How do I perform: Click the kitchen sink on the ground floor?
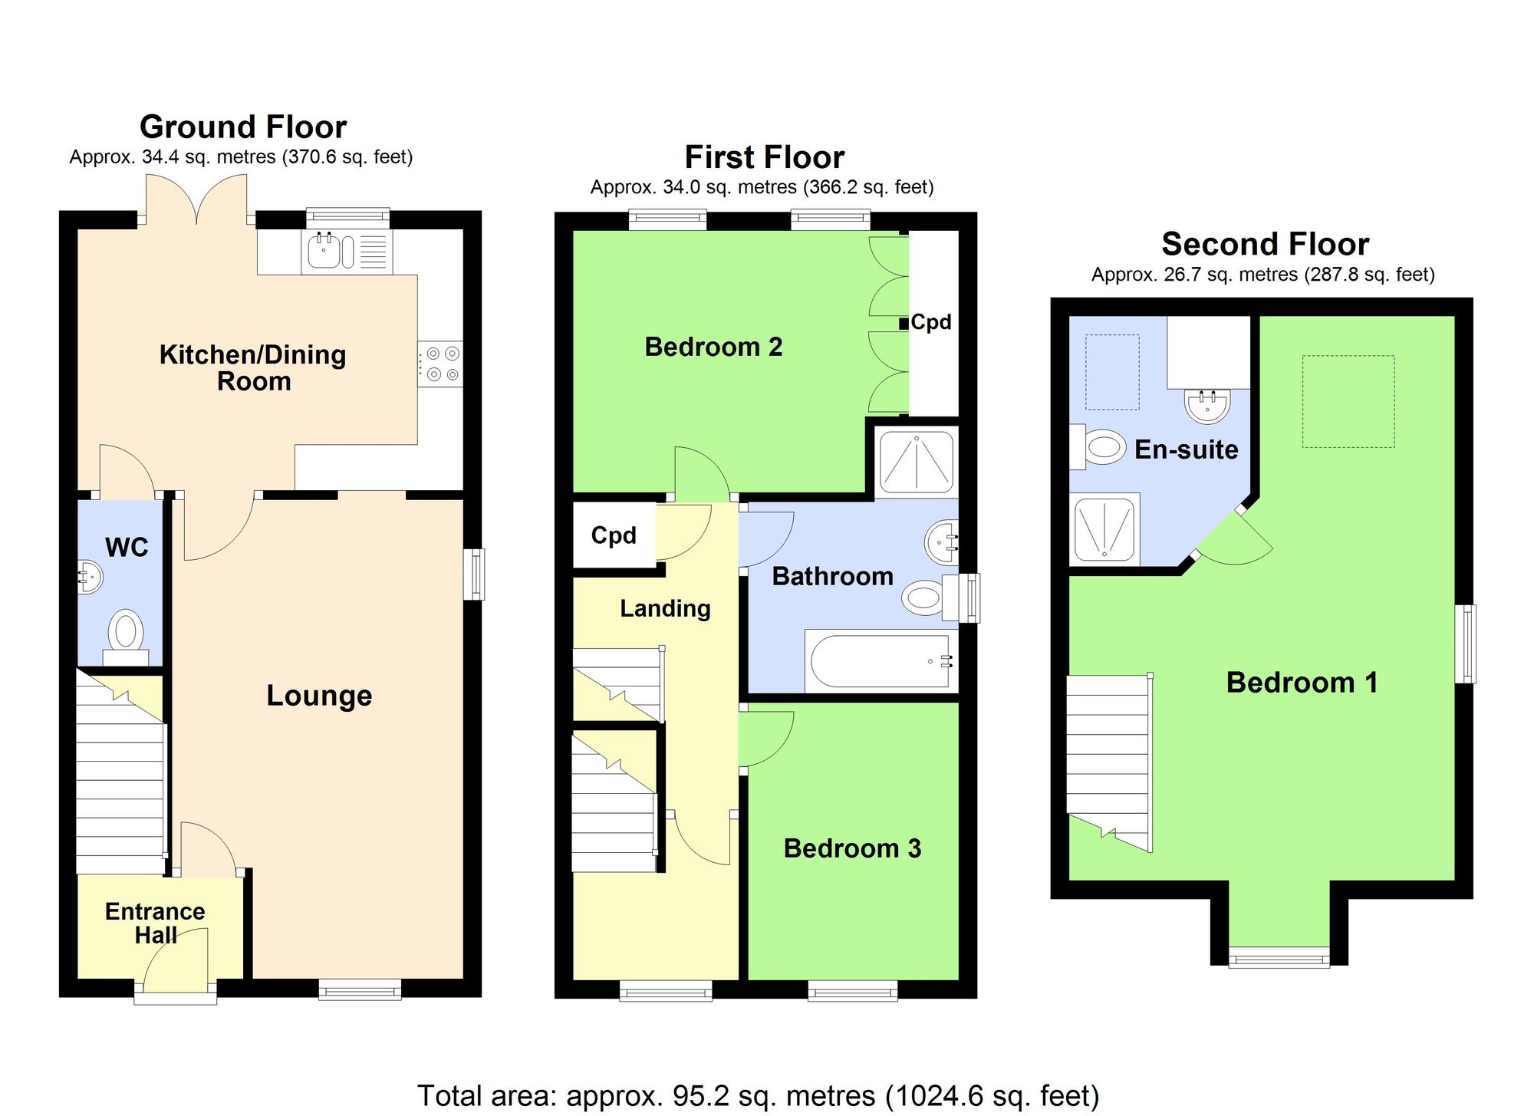pos(324,251)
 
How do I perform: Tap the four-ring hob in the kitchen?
pos(441,364)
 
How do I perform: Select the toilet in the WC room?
pos(126,635)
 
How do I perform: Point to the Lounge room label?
pos(319,696)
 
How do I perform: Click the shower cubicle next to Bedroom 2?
pos(917,462)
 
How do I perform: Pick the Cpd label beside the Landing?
pos(614,535)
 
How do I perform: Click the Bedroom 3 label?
pos(852,848)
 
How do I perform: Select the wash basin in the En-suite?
pos(1208,404)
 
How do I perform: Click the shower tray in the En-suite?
pos(1104,528)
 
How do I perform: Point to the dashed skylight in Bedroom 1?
pos(1348,401)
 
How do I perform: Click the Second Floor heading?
pos(1265,245)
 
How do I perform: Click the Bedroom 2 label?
pos(713,347)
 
